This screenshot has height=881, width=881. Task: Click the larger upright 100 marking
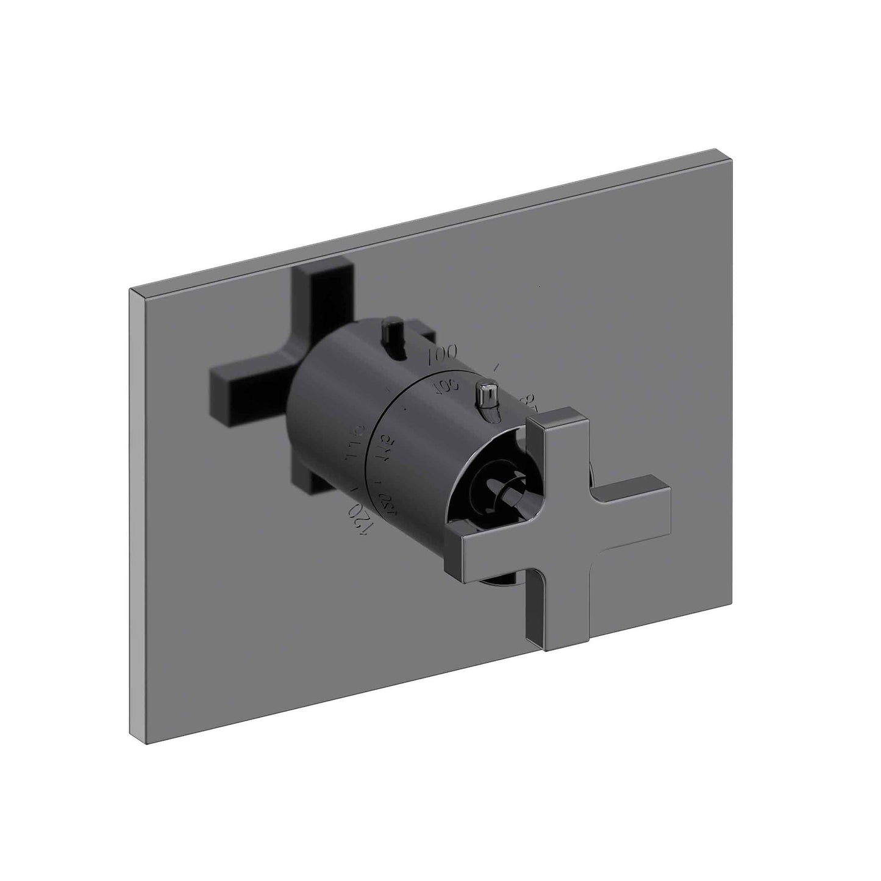443,354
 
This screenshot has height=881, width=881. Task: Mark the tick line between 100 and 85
499,368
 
